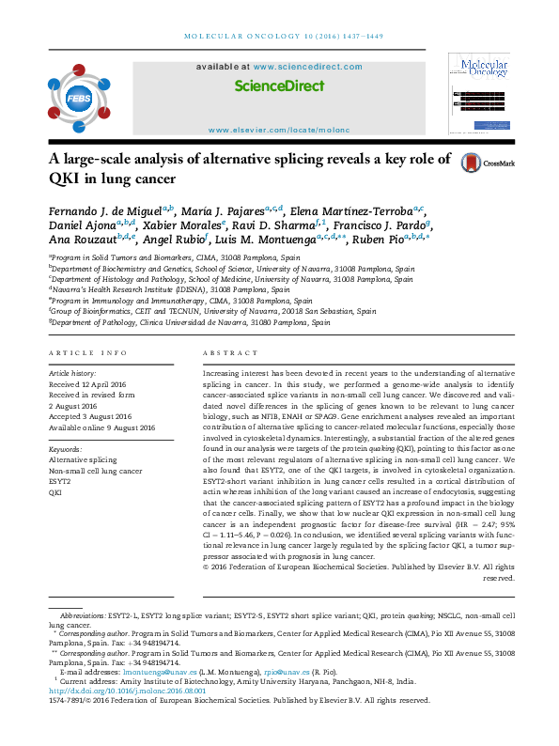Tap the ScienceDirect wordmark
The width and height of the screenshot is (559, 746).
279,85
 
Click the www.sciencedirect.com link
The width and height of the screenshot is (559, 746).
302,68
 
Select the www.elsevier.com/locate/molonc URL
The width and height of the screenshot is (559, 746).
278,130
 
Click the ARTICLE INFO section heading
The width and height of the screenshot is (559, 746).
87,352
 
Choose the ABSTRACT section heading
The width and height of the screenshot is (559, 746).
223,352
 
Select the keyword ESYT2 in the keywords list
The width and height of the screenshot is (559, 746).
60,480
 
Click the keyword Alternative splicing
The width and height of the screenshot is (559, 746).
83,459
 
